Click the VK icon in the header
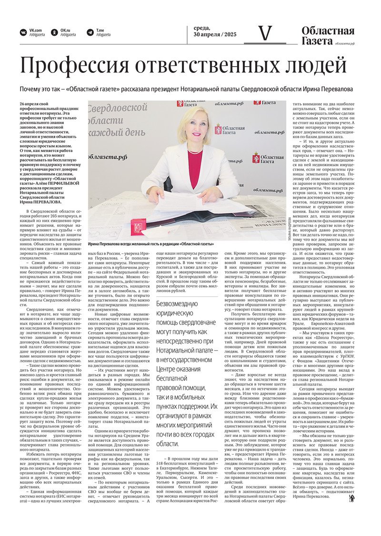[23, 32]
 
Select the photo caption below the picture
[150, 244]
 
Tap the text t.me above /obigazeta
[100, 30]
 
